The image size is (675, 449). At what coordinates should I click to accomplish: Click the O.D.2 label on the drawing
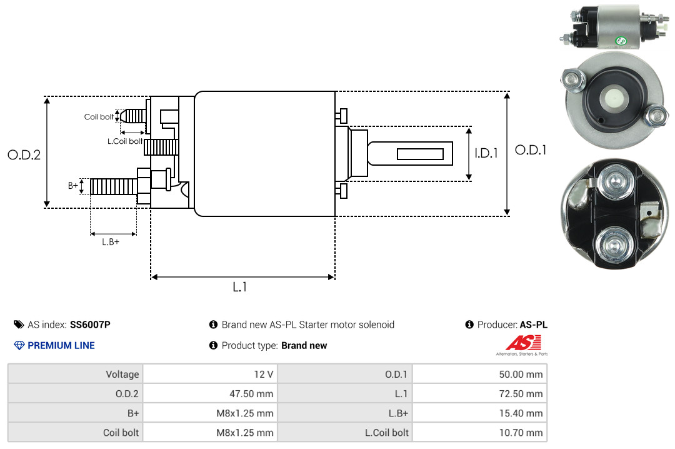(x=24, y=154)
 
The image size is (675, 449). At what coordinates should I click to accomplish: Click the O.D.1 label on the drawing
(x=531, y=150)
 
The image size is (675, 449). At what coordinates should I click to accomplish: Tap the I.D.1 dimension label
(x=486, y=153)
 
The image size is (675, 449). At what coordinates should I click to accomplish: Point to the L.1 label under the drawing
(x=240, y=287)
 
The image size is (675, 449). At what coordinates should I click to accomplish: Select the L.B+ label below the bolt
(x=111, y=242)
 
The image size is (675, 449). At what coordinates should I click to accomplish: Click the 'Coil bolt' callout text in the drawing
(x=99, y=117)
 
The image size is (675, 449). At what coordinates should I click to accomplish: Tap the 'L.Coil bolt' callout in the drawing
(x=125, y=141)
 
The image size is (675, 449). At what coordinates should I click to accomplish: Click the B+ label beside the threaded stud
(x=73, y=186)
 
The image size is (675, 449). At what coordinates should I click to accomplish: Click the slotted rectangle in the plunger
(x=420, y=154)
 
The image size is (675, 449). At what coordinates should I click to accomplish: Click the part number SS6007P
(x=90, y=325)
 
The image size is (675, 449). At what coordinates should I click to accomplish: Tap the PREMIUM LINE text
(x=61, y=345)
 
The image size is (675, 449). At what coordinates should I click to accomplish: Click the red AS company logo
(x=523, y=343)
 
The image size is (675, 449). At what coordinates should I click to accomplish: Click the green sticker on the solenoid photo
(x=621, y=41)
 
